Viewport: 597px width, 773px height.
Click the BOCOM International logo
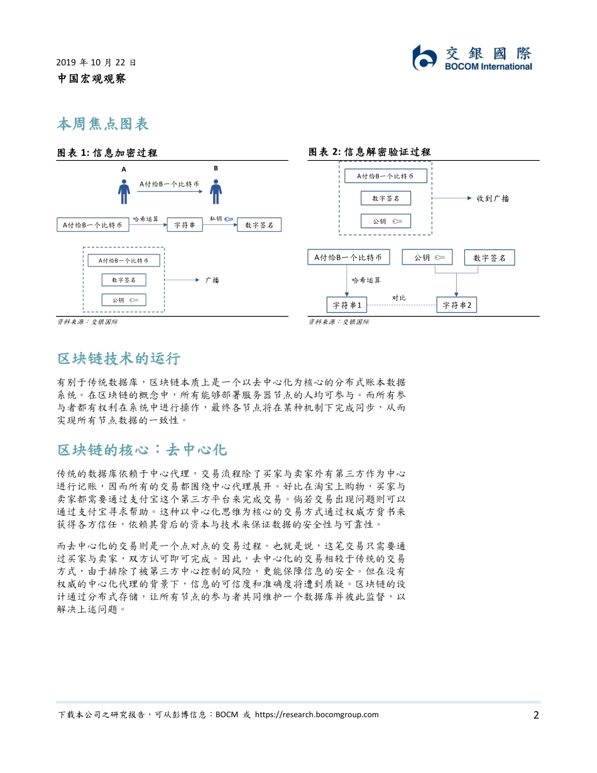tap(472, 58)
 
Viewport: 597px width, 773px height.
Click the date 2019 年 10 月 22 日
tap(96, 62)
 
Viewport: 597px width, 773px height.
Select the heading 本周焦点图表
tap(103, 124)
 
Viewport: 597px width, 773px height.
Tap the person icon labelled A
tap(124, 190)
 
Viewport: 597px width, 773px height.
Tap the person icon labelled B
tap(216, 190)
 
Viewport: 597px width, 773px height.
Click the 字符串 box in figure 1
tap(185, 225)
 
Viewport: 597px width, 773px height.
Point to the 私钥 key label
tap(216, 218)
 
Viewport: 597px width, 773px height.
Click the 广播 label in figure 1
tap(212, 280)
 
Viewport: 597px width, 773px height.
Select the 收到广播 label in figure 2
tap(493, 199)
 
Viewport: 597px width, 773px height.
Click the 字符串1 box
tap(347, 305)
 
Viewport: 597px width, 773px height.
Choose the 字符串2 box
tap(457, 305)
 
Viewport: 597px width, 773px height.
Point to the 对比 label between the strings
tap(399, 297)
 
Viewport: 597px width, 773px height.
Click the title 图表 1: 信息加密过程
tap(107, 153)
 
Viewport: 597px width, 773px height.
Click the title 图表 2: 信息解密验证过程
tap(370, 152)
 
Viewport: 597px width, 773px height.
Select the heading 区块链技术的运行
tap(119, 359)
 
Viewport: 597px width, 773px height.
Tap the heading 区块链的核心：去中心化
tap(142, 450)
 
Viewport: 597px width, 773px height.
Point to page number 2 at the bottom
tap(536, 715)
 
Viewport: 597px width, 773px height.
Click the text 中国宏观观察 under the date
tap(92, 79)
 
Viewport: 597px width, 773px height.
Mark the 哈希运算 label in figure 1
tap(146, 219)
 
